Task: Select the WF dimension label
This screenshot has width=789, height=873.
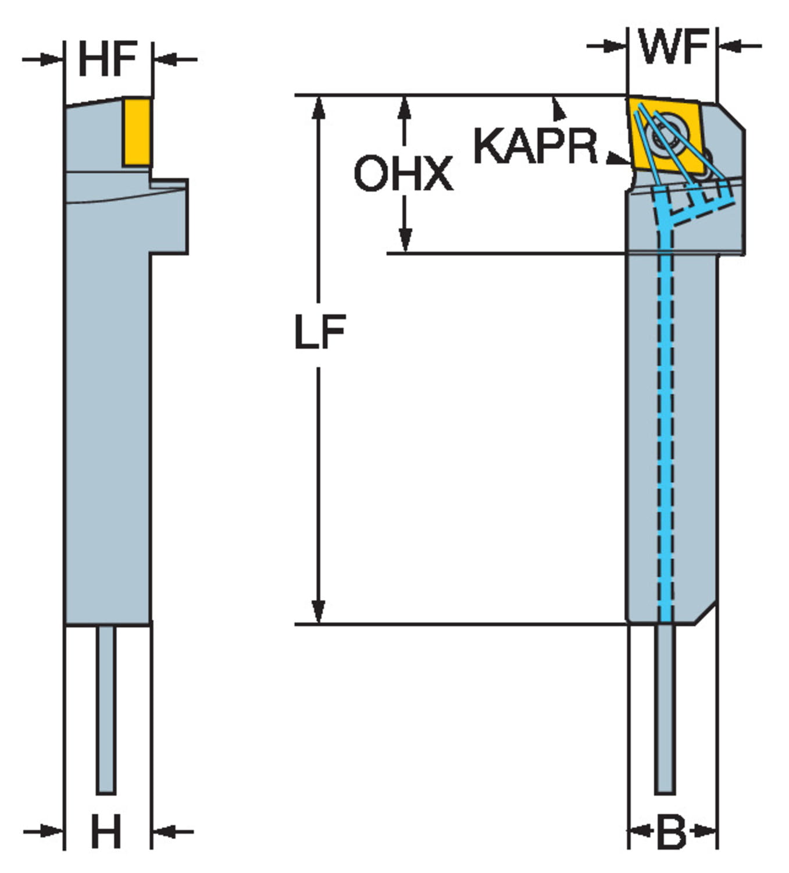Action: point(673,46)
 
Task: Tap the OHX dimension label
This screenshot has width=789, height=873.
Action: point(403,173)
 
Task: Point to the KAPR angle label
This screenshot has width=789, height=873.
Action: point(535,145)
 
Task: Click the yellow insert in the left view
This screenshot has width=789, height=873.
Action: point(137,132)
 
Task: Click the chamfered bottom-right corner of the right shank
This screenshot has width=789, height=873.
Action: point(705,614)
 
